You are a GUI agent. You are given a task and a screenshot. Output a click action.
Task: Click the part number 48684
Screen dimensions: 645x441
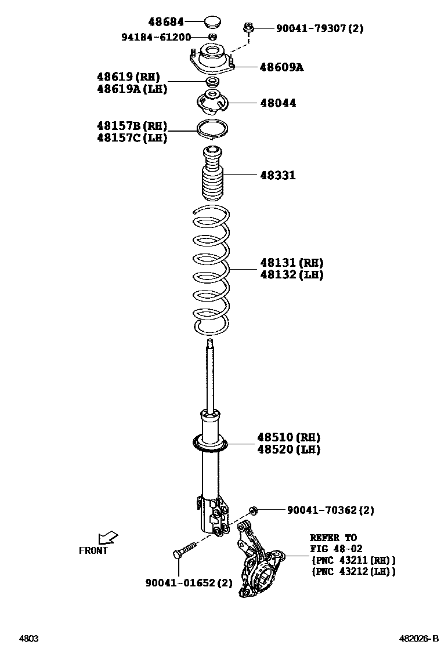165,22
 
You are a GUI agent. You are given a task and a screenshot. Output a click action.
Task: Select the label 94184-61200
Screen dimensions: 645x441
156,37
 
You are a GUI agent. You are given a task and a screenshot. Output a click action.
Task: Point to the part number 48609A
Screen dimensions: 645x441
281,67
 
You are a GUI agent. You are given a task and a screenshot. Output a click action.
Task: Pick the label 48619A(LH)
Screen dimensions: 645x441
132,89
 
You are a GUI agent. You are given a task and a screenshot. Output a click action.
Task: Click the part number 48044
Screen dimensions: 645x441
277,103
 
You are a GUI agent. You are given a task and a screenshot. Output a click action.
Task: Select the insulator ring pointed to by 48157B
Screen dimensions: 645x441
213,129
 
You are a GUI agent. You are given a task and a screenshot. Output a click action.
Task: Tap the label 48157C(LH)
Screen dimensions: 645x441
132,138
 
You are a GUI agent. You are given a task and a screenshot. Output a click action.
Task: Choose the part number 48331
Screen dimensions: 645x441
277,175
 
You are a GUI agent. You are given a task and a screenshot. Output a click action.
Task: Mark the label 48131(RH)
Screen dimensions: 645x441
291,263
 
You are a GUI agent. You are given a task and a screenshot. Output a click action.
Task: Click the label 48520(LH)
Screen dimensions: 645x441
288,450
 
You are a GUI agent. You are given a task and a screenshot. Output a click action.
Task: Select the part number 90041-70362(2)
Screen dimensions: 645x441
330,510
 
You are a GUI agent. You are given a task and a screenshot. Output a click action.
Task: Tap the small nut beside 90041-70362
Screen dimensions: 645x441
253,510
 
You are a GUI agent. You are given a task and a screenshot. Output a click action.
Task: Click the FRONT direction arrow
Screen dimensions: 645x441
107,538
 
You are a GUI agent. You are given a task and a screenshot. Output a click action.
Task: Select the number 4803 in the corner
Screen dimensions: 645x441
29,638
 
